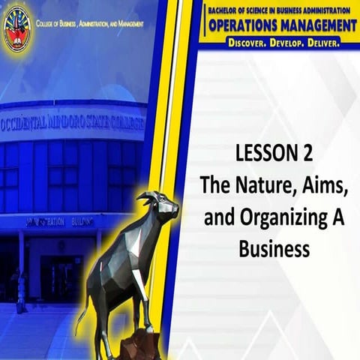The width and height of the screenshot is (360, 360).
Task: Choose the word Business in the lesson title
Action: [274, 249]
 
